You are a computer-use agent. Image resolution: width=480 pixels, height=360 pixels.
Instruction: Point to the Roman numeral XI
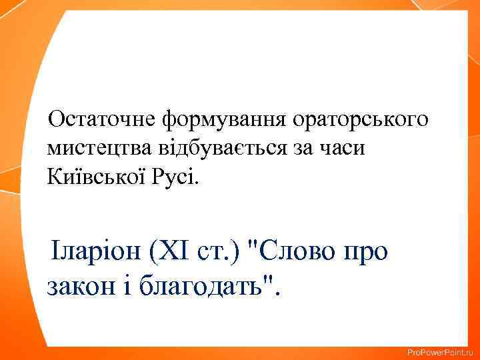(175, 254)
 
